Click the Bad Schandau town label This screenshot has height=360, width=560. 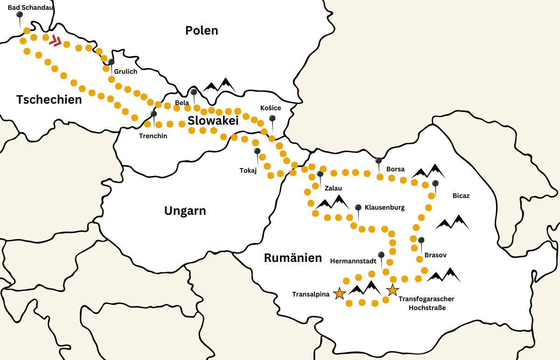click(x=30, y=7)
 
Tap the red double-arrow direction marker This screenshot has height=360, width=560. click(x=56, y=41)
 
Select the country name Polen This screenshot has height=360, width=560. click(x=202, y=30)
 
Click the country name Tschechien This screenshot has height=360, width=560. click(x=49, y=99)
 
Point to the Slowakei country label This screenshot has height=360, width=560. click(x=213, y=120)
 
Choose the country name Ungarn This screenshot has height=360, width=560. click(x=185, y=211)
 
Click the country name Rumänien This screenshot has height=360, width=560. click(x=293, y=258)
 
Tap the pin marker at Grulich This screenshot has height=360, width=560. click(x=111, y=62)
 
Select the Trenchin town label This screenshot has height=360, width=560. click(x=153, y=136)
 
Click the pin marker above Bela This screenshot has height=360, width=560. click(x=194, y=92)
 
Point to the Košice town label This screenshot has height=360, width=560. click(x=271, y=108)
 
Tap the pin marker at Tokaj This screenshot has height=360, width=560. click(x=257, y=151)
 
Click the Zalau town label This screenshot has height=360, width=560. click(x=333, y=188)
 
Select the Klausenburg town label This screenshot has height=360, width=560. click(x=385, y=207)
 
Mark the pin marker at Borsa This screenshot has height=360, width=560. click(x=378, y=161)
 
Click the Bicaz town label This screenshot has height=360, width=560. click(x=461, y=196)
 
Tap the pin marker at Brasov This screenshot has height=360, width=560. click(x=421, y=240)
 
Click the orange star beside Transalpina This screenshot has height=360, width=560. click(x=339, y=293)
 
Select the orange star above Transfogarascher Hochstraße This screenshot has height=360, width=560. click(x=392, y=290)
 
